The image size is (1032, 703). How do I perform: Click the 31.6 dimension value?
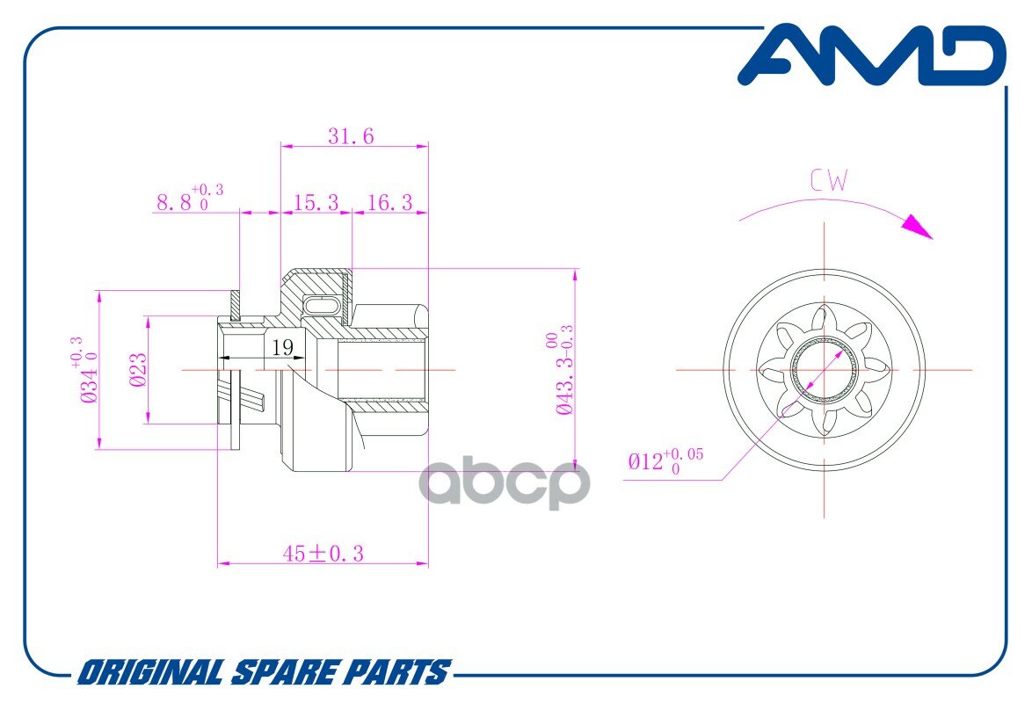tap(351, 136)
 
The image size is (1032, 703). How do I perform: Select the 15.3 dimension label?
tap(316, 203)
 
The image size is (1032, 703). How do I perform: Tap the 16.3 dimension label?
tap(389, 203)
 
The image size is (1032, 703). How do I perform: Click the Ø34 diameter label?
tap(86, 371)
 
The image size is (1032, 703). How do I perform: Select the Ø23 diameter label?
tap(137, 370)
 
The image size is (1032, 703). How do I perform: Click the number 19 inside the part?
tap(282, 348)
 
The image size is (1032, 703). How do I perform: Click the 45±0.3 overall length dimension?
tap(323, 553)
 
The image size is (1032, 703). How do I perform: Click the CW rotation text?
tap(829, 182)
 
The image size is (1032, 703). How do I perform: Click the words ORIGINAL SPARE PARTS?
tap(264, 673)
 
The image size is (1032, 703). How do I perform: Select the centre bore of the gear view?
tap(825, 370)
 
